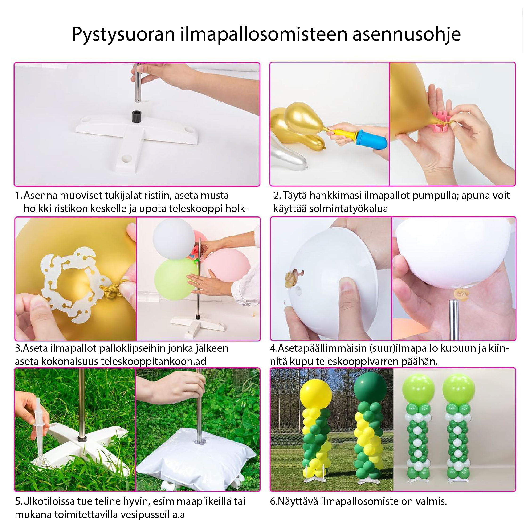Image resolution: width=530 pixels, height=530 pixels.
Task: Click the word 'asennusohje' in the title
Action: pyautogui.click(x=406, y=35)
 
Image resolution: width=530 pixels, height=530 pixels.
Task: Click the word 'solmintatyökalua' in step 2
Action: pyautogui.click(x=348, y=209)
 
